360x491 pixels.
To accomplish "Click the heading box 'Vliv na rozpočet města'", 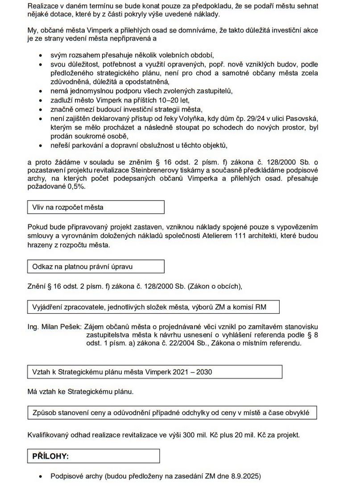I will (x=95, y=207).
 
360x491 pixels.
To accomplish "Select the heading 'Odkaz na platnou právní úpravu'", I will (x=95, y=266).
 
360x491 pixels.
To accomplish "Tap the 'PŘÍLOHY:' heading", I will (x=93, y=456).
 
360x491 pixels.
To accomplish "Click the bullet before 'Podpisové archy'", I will (x=41, y=476).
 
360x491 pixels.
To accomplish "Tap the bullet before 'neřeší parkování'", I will (x=41, y=146).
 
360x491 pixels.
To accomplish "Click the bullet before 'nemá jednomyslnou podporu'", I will (x=41, y=92).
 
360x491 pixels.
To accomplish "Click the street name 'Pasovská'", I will (x=303, y=118).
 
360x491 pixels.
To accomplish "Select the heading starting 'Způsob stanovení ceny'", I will (x=172, y=413).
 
